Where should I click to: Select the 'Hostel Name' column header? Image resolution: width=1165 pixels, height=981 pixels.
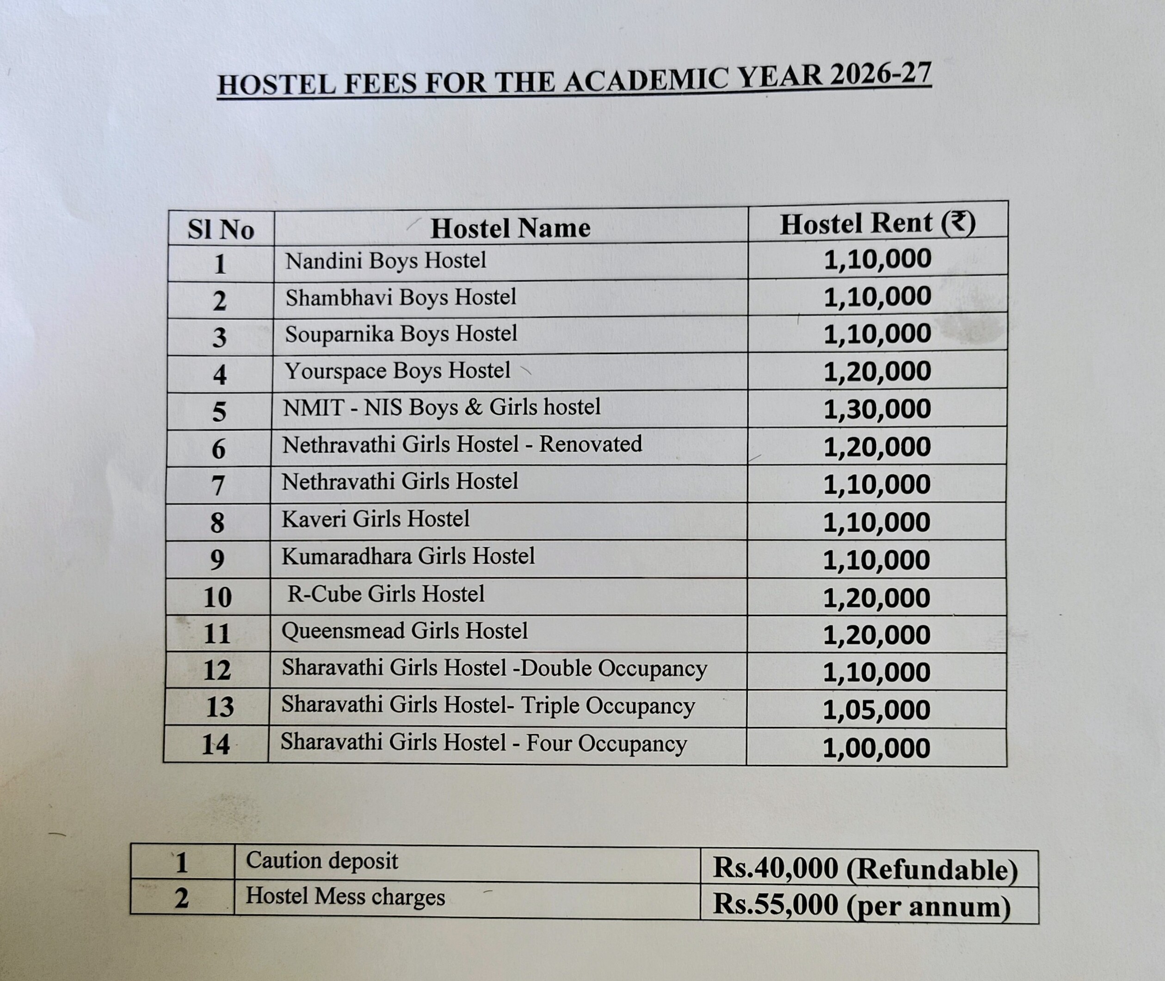pyautogui.click(x=510, y=228)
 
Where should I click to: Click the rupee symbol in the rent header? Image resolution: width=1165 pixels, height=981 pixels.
pyautogui.click(x=958, y=222)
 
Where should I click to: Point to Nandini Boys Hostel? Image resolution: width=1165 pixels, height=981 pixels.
pyautogui.click(x=385, y=260)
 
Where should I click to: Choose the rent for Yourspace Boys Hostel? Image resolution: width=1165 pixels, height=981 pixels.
pyautogui.click(x=877, y=371)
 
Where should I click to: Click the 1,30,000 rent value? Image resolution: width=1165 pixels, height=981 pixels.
pyautogui.click(x=877, y=409)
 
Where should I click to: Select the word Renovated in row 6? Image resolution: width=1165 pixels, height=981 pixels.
pyautogui.click(x=591, y=444)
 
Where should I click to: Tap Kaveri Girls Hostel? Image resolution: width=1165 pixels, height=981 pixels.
pyautogui.click(x=376, y=519)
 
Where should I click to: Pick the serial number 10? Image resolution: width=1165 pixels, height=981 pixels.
pyautogui.click(x=217, y=597)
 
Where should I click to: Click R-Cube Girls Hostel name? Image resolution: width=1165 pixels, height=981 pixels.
pyautogui.click(x=385, y=594)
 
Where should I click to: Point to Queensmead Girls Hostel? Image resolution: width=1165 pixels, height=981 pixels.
pyautogui.click(x=404, y=631)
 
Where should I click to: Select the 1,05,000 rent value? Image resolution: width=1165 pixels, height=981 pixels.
pyautogui.click(x=876, y=710)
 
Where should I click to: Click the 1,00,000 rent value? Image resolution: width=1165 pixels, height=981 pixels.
pyautogui.click(x=876, y=748)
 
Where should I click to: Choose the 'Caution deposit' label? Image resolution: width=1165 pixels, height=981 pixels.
pyautogui.click(x=322, y=861)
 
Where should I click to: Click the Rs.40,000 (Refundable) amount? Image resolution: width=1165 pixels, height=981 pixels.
pyautogui.click(x=865, y=869)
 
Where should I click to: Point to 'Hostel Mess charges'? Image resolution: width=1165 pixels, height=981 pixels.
pyautogui.click(x=345, y=896)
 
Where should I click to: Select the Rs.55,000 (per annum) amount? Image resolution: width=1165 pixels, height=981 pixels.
pyautogui.click(x=862, y=905)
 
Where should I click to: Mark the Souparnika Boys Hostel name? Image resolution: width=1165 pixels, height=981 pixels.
pyautogui.click(x=401, y=333)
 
